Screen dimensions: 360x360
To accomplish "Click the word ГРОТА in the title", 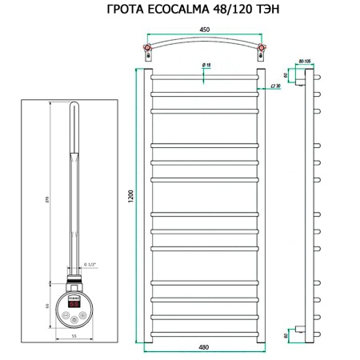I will point(127,10).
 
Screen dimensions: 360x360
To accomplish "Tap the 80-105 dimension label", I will point(305,60).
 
